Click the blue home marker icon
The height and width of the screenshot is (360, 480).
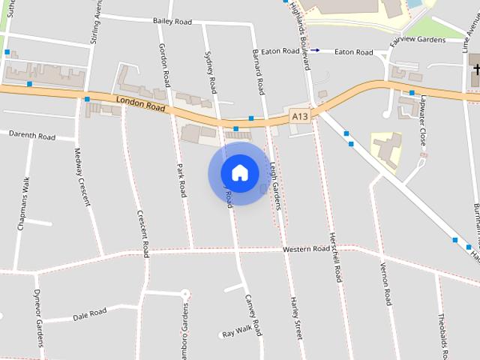240,172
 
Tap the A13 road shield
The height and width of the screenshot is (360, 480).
300,116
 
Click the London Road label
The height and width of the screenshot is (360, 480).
140,103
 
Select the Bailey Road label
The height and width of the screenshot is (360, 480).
172,22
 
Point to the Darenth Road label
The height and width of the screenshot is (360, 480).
32,136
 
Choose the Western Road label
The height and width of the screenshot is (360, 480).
306,248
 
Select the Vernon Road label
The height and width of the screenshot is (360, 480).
386,284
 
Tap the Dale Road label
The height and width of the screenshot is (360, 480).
90,313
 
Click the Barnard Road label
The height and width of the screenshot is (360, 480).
259,73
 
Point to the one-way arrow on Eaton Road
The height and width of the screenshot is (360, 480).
315,50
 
